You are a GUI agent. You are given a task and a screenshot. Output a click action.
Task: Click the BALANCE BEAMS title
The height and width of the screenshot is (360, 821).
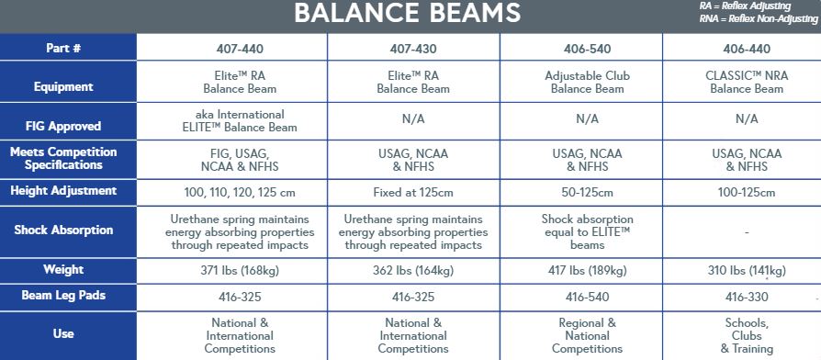(408, 13)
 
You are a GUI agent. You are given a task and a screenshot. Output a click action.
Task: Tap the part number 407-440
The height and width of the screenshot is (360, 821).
(240, 50)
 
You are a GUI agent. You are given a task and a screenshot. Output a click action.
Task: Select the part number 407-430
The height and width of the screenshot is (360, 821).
(413, 50)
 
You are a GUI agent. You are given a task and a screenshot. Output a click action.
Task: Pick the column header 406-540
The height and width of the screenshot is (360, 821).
(587, 50)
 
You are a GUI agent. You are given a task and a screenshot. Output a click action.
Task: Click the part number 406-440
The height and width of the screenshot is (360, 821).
(747, 50)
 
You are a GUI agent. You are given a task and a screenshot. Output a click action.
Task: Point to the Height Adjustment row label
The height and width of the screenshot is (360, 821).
(63, 190)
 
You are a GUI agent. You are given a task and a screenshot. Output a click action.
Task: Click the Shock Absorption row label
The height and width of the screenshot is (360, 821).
(63, 230)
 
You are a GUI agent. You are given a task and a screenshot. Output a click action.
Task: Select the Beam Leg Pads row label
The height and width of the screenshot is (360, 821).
(63, 296)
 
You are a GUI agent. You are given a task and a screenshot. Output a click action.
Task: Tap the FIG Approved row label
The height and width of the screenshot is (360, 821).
(63, 126)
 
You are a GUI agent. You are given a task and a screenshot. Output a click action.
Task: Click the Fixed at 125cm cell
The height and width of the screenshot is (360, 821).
(413, 193)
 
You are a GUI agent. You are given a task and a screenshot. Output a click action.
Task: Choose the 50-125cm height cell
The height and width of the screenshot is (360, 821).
(587, 193)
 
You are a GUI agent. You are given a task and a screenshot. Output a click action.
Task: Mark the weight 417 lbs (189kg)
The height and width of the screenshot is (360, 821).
(587, 271)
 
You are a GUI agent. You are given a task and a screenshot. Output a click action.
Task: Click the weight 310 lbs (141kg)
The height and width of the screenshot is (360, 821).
(747, 271)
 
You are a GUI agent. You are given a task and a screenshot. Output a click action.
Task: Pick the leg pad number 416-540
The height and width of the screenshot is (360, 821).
(587, 298)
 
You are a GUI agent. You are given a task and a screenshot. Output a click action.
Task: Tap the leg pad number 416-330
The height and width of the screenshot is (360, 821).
(747, 298)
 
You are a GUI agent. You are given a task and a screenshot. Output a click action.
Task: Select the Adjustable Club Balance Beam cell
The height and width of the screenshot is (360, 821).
(587, 82)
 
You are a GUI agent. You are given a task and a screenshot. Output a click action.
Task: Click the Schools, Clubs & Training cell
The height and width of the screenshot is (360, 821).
(747, 336)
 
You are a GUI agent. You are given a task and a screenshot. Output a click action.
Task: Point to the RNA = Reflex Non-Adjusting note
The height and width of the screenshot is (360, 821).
(759, 19)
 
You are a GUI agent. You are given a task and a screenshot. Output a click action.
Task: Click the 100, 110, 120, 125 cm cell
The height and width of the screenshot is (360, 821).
(240, 193)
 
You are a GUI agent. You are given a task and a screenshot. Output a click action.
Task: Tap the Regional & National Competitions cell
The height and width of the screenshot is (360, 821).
(587, 336)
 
